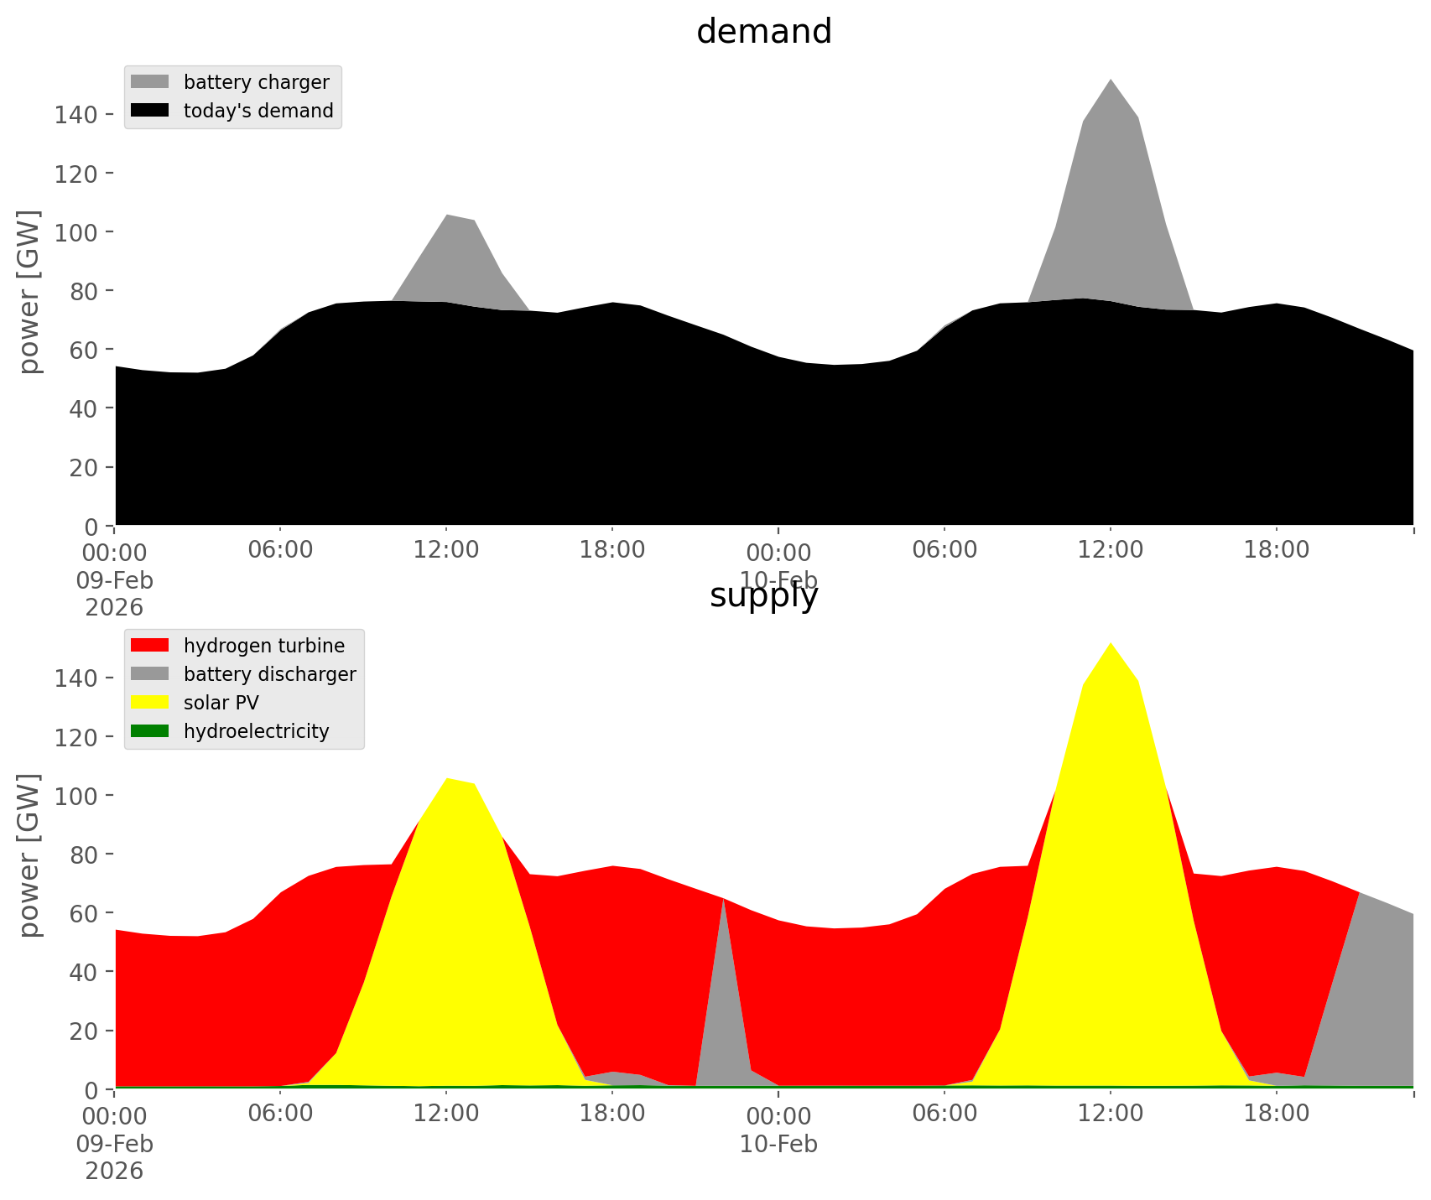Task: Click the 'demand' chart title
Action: click(x=763, y=32)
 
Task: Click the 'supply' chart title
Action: click(x=763, y=595)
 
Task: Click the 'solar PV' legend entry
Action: click(x=221, y=703)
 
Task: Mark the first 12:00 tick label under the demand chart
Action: click(x=445, y=551)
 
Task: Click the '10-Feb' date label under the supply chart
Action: click(x=778, y=1144)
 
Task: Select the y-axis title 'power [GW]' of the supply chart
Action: click(x=29, y=855)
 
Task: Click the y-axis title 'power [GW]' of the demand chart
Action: click(x=29, y=292)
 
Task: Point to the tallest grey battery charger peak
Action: click(x=1110, y=84)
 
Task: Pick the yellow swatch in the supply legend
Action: click(x=150, y=703)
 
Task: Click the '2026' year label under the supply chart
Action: click(x=114, y=1171)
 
